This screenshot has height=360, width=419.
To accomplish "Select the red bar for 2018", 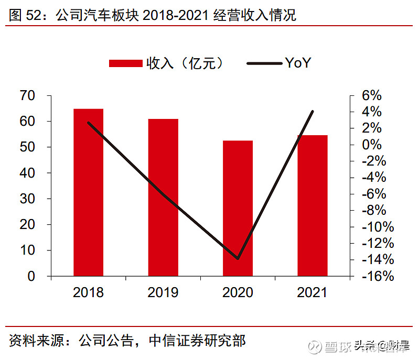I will (x=88, y=192).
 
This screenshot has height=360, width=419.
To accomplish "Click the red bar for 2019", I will (x=163, y=197).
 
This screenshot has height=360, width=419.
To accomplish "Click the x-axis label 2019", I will (x=163, y=292).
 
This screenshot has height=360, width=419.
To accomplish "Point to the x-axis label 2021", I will (x=313, y=292).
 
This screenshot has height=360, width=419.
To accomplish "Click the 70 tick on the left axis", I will (x=27, y=96).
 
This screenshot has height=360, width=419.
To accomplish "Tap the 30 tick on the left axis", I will (x=27, y=199).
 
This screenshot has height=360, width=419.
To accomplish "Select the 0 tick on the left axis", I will (x=31, y=276).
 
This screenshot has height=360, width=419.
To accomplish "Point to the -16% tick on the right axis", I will (x=377, y=276).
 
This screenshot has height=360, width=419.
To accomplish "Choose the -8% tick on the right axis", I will (x=374, y=211).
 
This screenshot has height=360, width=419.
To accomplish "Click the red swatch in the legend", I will (x=125, y=63).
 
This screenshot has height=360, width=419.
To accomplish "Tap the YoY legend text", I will (x=298, y=63).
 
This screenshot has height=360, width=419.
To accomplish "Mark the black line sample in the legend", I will (x=264, y=63).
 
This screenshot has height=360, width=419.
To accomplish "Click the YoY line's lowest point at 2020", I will (x=238, y=258).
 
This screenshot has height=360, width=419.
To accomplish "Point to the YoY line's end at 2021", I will (x=313, y=112).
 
